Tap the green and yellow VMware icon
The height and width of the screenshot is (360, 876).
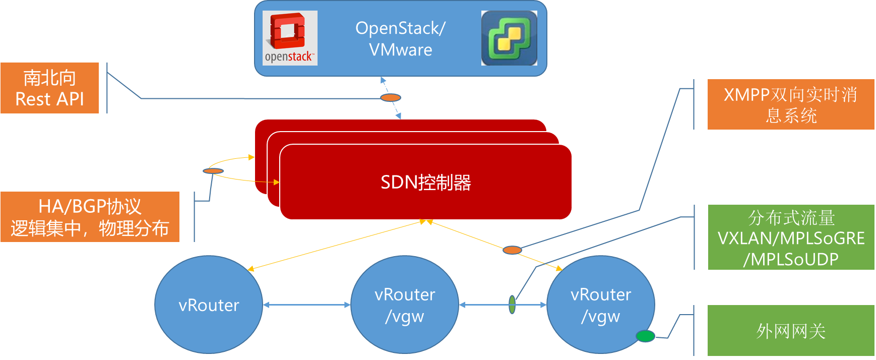point(509,38)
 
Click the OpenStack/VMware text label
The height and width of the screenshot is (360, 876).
point(401,39)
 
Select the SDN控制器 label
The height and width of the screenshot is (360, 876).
point(426,183)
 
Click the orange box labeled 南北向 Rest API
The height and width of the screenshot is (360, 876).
point(49,88)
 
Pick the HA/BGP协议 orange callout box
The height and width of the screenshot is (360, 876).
point(90,217)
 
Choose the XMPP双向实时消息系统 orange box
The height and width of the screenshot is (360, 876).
point(791,104)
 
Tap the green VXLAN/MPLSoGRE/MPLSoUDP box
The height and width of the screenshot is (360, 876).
point(791,237)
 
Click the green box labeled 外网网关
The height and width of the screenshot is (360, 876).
point(791,331)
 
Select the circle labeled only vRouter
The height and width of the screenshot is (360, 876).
point(209,305)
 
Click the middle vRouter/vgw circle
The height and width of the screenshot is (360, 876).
point(405,305)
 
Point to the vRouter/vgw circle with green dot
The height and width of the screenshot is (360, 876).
point(601,305)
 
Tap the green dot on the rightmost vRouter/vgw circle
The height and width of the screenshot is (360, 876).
point(645,336)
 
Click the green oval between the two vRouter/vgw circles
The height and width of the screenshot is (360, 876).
point(512,305)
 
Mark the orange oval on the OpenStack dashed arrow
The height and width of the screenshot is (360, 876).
point(391,97)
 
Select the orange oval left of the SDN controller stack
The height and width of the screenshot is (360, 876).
point(213,171)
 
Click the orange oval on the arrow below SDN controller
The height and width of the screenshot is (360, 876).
point(512,250)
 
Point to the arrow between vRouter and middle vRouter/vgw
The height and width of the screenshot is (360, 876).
point(306,305)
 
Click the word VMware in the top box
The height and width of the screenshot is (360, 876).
point(401,50)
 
